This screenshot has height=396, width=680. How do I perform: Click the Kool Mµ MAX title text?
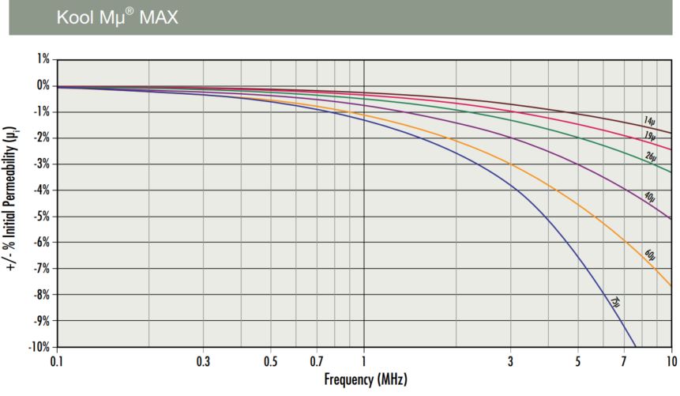(117, 17)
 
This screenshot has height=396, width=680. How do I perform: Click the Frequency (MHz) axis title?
(366, 380)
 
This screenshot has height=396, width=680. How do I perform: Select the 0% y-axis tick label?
(43, 85)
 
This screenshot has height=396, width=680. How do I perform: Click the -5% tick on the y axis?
(41, 217)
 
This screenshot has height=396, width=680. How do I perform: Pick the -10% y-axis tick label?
(39, 348)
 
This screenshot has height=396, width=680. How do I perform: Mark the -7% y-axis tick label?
(41, 269)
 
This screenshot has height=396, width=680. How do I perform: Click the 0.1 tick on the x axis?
(57, 361)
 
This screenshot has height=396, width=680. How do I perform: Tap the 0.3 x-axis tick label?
(203, 361)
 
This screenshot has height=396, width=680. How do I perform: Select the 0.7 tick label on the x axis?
(317, 361)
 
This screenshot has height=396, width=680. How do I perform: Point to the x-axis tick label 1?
(364, 361)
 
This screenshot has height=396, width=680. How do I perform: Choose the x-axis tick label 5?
(578, 361)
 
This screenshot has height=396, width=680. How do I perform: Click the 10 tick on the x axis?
(671, 361)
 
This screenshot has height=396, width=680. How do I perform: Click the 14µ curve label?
(648, 122)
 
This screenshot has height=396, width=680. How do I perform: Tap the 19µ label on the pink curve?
(648, 136)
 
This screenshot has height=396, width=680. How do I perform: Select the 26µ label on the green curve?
(650, 157)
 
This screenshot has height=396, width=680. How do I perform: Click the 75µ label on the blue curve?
(614, 302)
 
